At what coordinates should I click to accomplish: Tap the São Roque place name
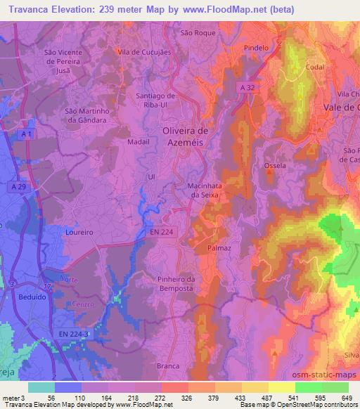tap(197, 32)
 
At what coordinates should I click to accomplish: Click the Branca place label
tap(168, 365)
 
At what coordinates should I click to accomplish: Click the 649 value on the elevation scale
tap(346, 397)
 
